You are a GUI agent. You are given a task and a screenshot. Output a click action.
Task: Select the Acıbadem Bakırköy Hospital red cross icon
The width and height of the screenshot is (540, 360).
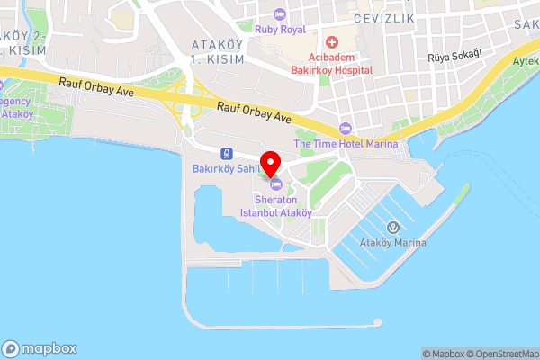point(331,41)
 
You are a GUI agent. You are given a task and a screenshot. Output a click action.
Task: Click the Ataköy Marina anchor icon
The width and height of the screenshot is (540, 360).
point(392,227)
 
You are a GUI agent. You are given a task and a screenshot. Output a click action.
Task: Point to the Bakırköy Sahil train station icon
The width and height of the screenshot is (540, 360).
point(224,152)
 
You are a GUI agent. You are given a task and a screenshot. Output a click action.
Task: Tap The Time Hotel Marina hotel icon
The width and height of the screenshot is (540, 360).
point(346,127)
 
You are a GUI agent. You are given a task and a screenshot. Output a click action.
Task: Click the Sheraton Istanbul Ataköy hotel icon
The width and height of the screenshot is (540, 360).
point(275,184)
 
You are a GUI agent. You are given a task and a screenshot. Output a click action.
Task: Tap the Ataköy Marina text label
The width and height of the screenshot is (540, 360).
point(392,243)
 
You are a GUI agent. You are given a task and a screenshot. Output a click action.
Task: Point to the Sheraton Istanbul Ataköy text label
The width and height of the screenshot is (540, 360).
point(275,206)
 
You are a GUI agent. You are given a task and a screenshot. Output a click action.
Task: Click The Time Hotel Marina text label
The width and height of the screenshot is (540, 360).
point(346,143)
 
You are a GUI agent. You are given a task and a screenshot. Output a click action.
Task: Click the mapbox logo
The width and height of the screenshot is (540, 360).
point(40,348)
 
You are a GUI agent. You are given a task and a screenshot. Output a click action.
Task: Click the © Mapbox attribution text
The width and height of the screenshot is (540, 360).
point(442,354)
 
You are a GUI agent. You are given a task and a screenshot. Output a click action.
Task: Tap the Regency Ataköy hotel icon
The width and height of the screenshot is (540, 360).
point(3,85)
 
